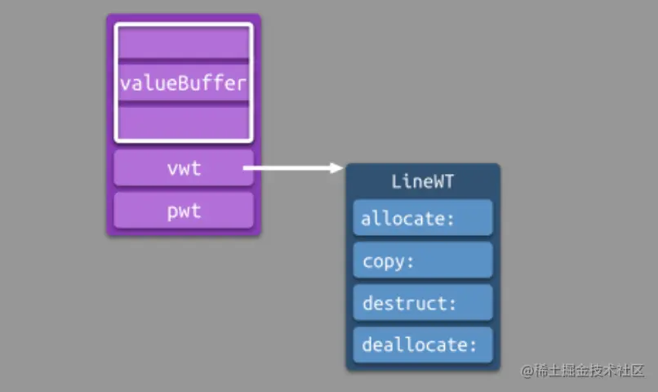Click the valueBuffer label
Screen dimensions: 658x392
pyautogui.click(x=183, y=83)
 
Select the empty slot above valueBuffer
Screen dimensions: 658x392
pyautogui.click(x=184, y=42)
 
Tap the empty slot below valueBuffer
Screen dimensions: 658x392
pyautogui.click(x=184, y=122)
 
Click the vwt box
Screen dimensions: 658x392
pyautogui.click(x=184, y=168)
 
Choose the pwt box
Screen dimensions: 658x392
pyautogui.click(x=184, y=210)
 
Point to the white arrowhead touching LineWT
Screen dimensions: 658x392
pyautogui.click(x=336, y=168)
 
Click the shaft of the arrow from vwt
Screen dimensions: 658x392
pyautogui.click(x=287, y=168)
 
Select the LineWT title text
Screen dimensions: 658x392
pyautogui.click(x=423, y=182)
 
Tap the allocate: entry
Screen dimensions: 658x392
pyautogui.click(x=423, y=217)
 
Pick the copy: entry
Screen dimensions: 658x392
pyautogui.click(x=423, y=261)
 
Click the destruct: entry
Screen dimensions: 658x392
pyautogui.click(x=423, y=303)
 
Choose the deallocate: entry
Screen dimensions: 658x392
pyautogui.click(x=423, y=345)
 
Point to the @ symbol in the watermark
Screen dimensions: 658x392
pyautogui.click(x=527, y=371)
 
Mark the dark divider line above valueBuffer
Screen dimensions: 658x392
pyautogui.click(x=184, y=61)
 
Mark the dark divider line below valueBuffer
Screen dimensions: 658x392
pyautogui.click(x=184, y=104)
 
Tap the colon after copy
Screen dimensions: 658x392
pyautogui.click(x=410, y=262)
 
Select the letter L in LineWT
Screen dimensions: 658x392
pyautogui.click(x=397, y=182)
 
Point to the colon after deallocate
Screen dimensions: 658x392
pyautogui.click(x=473, y=345)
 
